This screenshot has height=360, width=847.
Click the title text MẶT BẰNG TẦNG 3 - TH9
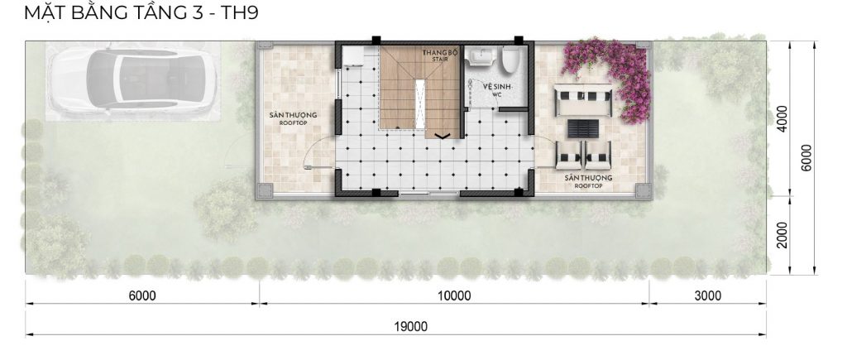pyautogui.click(x=141, y=12)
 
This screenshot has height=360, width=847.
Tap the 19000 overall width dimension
pyautogui.click(x=411, y=327)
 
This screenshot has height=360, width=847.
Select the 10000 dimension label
pyautogui.click(x=454, y=295)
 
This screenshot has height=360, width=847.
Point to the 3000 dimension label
pyautogui.click(x=708, y=295)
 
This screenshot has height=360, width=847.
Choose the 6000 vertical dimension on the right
pyautogui.click(x=806, y=158)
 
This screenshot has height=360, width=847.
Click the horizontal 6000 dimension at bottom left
pyautogui.click(x=142, y=295)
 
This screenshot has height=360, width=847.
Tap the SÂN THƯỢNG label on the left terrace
pyautogui.click(x=293, y=118)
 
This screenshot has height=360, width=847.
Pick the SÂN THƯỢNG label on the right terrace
pyautogui.click(x=588, y=181)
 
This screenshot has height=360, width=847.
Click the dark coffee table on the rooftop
pyautogui.click(x=583, y=128)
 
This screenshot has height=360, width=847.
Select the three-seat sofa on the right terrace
pyautogui.click(x=583, y=100)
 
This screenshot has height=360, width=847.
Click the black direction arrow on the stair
pyautogui.click(x=443, y=136)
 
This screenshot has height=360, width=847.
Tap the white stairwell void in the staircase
pyautogui.click(x=419, y=103)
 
